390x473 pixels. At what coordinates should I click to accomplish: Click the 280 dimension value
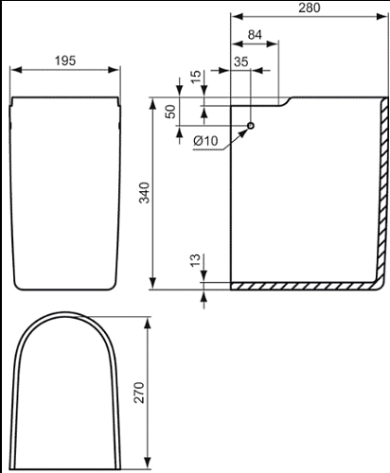(x=310, y=8)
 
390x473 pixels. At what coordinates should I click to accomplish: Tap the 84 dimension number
(x=255, y=35)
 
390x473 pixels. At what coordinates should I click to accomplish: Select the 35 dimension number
(x=241, y=61)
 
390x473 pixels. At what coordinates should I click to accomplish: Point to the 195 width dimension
(x=65, y=61)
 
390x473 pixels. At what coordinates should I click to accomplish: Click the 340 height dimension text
(x=145, y=193)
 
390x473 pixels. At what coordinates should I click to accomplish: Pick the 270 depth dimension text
(x=139, y=393)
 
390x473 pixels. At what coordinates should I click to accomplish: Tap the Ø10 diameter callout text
(x=205, y=141)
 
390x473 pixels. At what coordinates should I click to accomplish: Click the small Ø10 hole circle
(x=251, y=126)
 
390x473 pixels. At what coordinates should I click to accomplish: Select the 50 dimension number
(x=170, y=112)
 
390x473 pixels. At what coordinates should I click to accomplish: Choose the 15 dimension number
(x=196, y=77)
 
